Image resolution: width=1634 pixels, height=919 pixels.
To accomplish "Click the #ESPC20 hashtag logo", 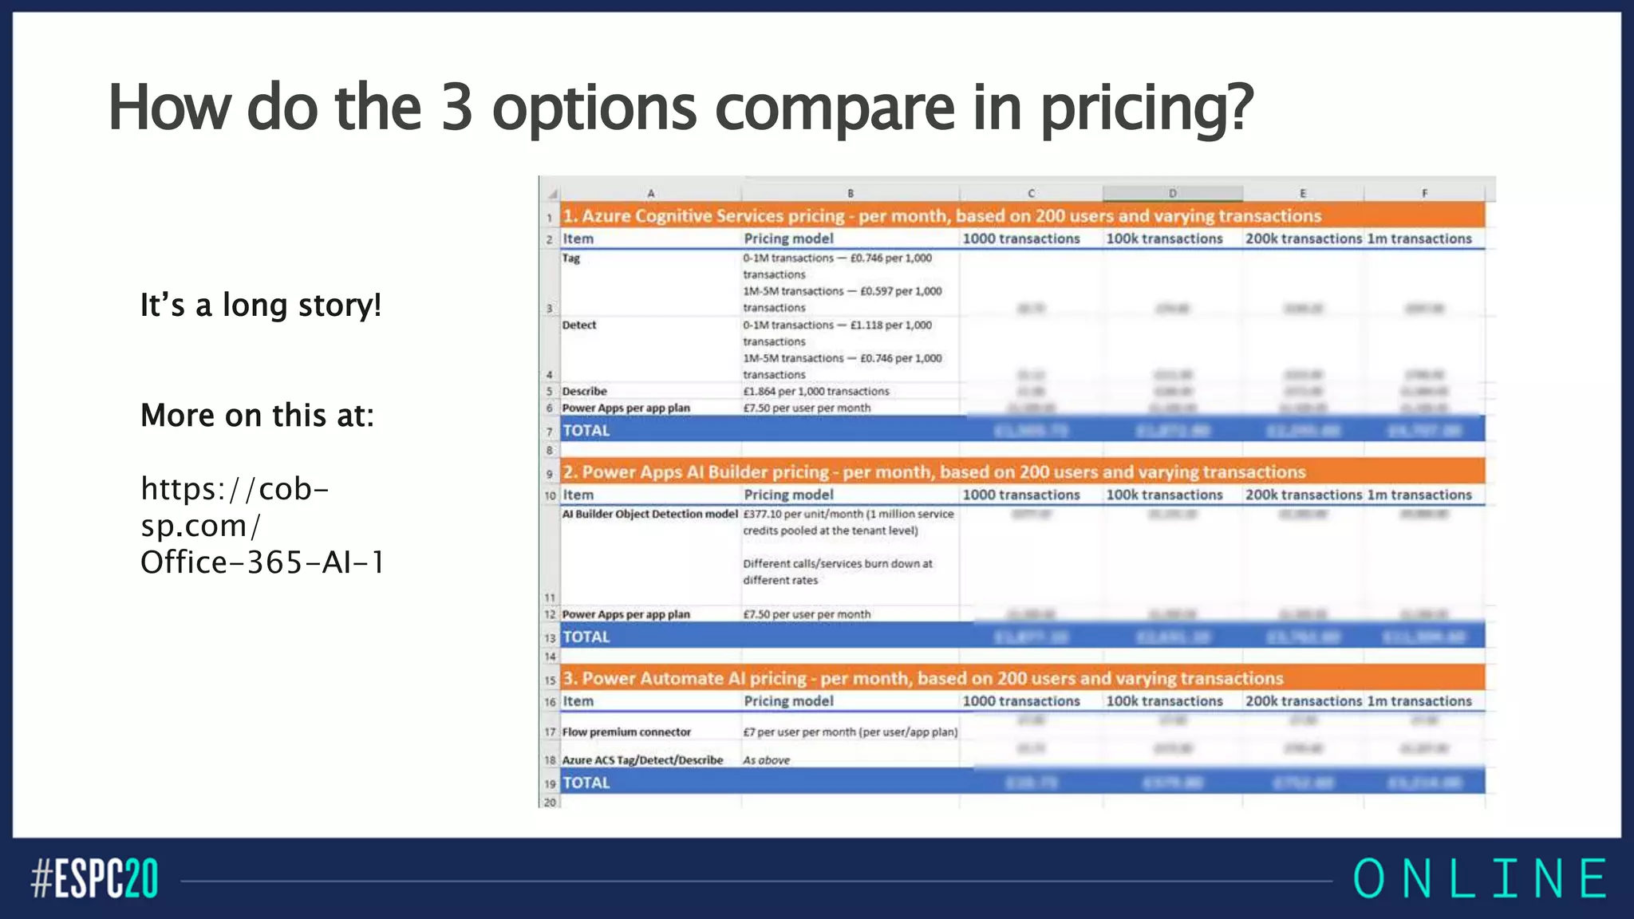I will coord(94,878).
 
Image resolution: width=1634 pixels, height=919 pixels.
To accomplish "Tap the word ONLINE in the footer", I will coord(1480,878).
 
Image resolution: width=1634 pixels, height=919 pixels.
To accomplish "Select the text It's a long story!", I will coord(261,305).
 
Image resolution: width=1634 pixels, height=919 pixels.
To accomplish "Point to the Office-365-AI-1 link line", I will coord(262,562).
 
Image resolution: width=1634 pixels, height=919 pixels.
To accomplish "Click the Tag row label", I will coord(571,258).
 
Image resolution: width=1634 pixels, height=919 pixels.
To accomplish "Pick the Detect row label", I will coord(579,325).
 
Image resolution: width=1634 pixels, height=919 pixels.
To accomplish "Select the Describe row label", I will coord(584,392).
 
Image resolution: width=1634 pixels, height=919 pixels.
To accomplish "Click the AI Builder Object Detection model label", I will coord(649,515).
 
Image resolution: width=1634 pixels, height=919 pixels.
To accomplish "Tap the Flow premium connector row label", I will coord(626,732).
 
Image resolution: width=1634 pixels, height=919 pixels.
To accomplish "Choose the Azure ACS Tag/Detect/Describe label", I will coord(642,760).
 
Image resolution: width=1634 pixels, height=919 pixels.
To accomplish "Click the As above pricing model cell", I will coord(767,760).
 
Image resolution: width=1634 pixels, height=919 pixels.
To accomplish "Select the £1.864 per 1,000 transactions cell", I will coord(816,392).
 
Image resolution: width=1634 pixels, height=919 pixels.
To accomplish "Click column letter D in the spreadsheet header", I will coord(1172,193).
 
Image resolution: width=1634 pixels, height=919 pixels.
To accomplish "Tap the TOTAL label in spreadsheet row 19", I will coord(586,783).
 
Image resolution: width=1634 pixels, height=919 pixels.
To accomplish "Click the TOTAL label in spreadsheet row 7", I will coord(586,431).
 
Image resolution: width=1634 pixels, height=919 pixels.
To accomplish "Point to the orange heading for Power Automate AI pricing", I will coord(923,679).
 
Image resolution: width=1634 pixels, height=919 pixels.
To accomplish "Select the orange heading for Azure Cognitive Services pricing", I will coord(942,216).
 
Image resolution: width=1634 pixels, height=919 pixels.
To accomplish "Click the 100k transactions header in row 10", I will coord(1164,495).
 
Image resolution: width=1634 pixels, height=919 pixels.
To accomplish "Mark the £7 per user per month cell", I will coord(851,732).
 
